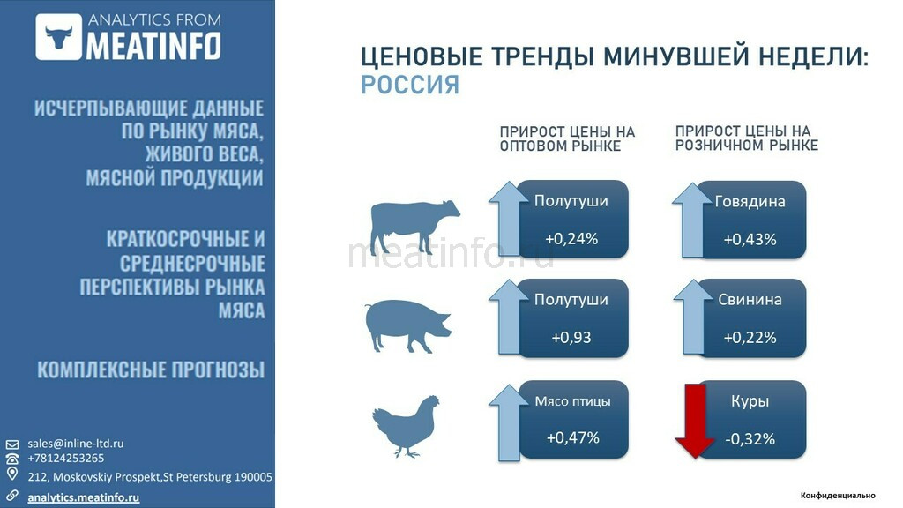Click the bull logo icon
click(x=59, y=37)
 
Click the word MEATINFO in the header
click(x=153, y=45)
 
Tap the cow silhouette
click(x=414, y=227)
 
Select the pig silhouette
click(x=408, y=325)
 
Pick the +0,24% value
click(x=571, y=238)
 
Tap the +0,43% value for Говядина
click(x=750, y=239)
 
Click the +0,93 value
click(x=571, y=337)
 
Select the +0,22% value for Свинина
click(x=750, y=337)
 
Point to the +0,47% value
click(x=572, y=437)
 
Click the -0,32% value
click(x=750, y=439)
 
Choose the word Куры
click(x=750, y=401)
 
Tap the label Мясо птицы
click(x=572, y=401)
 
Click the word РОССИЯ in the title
click(x=410, y=86)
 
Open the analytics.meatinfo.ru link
click(x=84, y=497)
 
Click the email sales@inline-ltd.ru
click(x=76, y=444)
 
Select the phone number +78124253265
click(x=65, y=459)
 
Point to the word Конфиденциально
click(x=838, y=496)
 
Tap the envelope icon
click(x=12, y=444)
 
